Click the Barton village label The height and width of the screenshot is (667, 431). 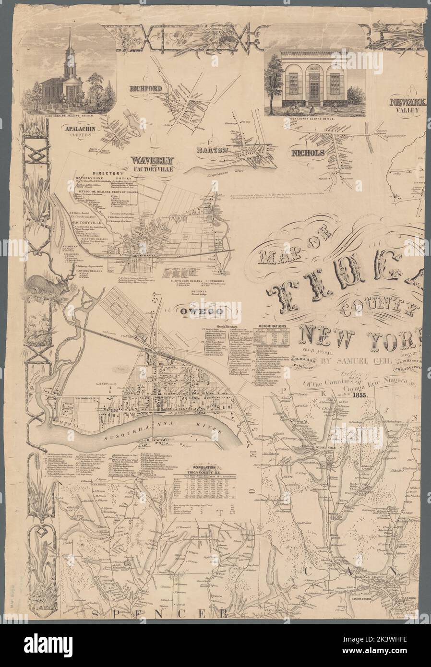click(x=210, y=150)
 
